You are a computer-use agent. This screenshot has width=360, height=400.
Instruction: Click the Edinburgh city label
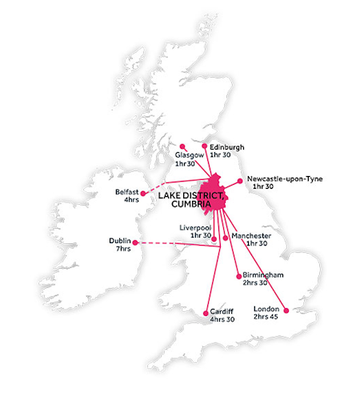[x=227, y=147]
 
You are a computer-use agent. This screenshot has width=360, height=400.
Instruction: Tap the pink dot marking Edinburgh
[x=205, y=146]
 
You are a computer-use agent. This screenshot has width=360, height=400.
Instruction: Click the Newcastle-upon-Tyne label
[x=285, y=178]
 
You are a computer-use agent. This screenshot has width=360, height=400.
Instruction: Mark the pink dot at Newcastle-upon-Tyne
[x=240, y=181]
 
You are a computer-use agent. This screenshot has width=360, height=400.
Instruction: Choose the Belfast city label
[x=127, y=192]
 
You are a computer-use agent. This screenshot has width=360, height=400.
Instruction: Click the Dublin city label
[x=120, y=241]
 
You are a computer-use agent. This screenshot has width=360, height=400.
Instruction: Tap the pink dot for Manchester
[x=226, y=237]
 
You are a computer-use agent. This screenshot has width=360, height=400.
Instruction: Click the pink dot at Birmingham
[x=238, y=276]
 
